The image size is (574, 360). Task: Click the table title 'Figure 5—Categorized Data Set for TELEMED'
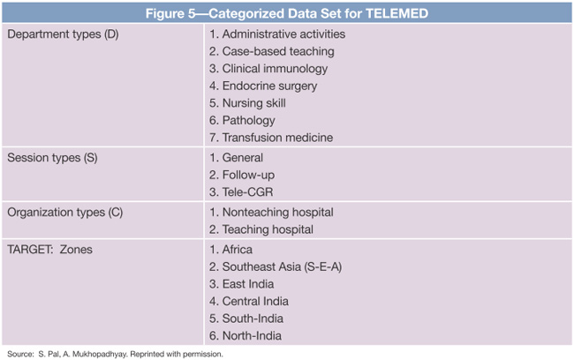pos(286,11)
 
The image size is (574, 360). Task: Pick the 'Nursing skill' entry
pos(253,103)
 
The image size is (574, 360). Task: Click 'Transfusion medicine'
pos(271,138)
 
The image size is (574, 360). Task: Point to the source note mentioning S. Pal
pos(115,353)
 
